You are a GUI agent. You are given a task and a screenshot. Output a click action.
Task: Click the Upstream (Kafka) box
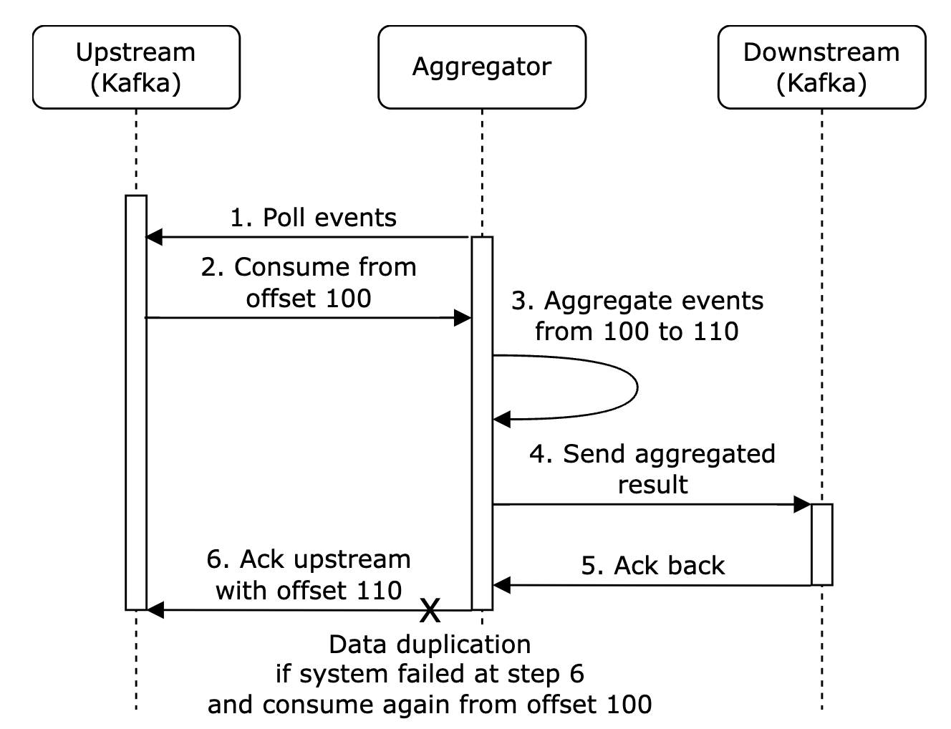(x=136, y=67)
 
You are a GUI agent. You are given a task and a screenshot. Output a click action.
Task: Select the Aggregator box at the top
(x=481, y=67)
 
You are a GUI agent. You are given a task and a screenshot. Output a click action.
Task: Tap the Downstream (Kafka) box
(x=821, y=67)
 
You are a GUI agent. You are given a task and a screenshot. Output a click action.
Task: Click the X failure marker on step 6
(x=430, y=610)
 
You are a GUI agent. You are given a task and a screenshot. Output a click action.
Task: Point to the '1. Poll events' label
(x=313, y=218)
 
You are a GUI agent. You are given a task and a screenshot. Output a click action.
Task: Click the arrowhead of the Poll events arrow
(x=154, y=237)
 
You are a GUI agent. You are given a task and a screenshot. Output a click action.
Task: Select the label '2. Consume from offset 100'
(x=309, y=282)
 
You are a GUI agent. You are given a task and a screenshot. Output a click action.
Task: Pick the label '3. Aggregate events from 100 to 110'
(x=637, y=316)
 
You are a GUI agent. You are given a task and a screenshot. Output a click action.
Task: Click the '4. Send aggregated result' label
(x=652, y=468)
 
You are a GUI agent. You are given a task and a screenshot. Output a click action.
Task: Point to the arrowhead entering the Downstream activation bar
(x=803, y=505)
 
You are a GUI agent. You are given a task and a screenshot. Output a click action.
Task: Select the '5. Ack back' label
(x=652, y=566)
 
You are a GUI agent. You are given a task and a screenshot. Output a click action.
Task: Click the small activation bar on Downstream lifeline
(x=821, y=544)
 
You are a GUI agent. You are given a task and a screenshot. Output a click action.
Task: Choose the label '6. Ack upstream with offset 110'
(x=309, y=574)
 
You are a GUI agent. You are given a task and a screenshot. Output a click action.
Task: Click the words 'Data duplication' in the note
(x=430, y=644)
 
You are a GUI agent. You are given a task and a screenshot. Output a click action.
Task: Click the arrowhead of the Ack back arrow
(x=502, y=585)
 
